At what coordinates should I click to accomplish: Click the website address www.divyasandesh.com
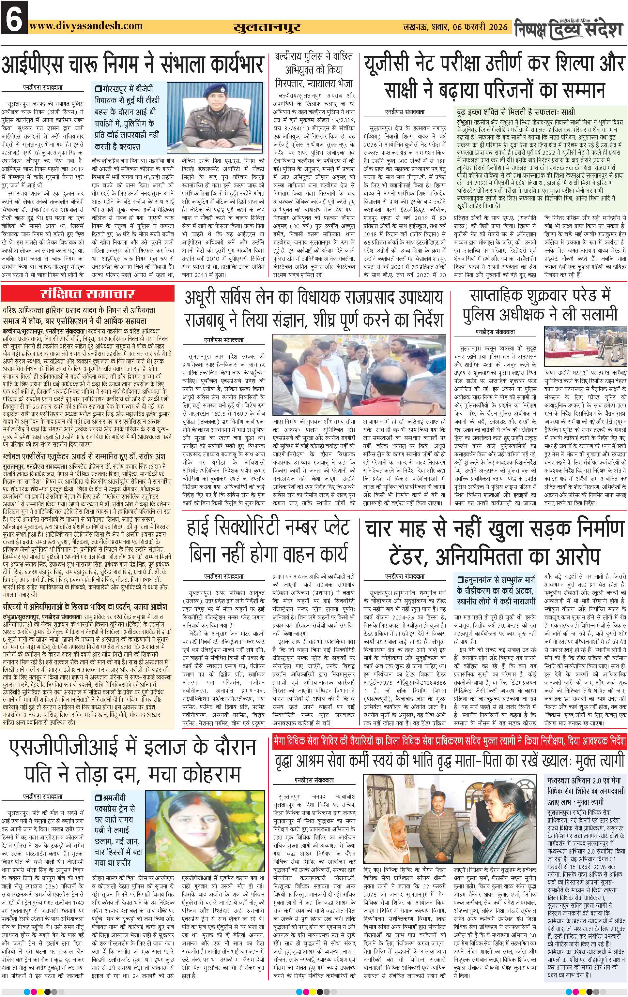(x=86, y=26)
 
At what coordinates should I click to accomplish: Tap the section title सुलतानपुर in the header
(x=267, y=27)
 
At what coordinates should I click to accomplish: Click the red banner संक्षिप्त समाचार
(x=87, y=294)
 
